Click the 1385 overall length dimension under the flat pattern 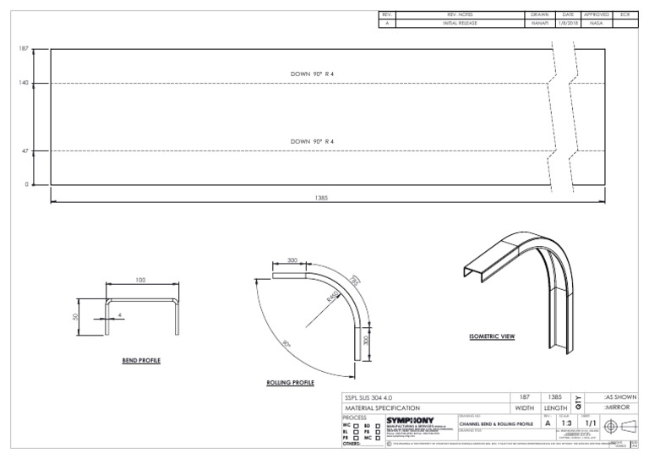click(322, 197)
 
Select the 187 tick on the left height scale click(24, 49)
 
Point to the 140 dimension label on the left click(24, 83)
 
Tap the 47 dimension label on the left click(25, 150)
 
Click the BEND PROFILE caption click(141, 360)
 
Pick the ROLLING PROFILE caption click(290, 383)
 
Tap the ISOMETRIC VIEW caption click(492, 336)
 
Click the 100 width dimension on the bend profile click(140, 279)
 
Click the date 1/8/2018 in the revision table click(567, 24)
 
